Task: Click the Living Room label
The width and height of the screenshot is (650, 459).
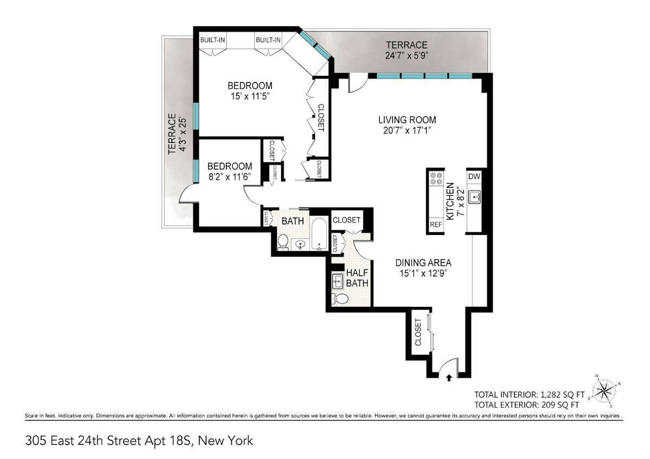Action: pos(407,120)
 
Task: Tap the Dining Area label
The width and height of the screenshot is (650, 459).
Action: pos(424,263)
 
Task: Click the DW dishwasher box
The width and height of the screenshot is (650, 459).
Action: pos(474,176)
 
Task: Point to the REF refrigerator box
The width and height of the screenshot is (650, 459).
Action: pos(436,225)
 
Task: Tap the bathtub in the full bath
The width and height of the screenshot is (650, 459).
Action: pos(320,234)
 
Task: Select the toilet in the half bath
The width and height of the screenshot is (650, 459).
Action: pos(340,299)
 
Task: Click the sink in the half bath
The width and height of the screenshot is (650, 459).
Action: pos(338,281)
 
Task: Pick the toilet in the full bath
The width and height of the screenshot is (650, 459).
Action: pos(282,242)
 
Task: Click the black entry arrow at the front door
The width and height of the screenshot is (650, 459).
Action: pos(449,377)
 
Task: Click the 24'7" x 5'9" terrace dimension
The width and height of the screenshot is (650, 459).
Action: pos(407,55)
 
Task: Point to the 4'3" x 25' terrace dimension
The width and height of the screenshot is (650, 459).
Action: pos(182,134)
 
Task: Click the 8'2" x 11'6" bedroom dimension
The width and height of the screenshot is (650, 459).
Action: pos(230,176)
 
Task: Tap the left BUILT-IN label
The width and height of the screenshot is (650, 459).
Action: pos(212,40)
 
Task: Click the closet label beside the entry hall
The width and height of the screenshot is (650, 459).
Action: pos(418,332)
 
